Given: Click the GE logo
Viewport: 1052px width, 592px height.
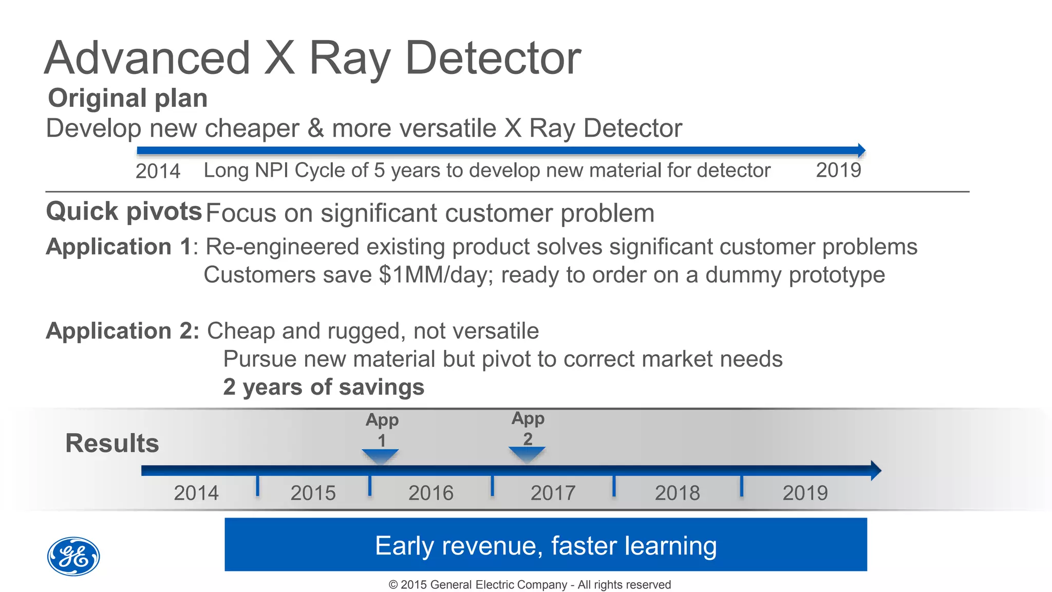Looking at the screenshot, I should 73,557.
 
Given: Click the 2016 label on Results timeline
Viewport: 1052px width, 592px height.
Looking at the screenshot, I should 431,493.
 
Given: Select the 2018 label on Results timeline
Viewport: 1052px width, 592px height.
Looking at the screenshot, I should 677,493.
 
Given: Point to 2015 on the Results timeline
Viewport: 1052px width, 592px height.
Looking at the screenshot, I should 313,493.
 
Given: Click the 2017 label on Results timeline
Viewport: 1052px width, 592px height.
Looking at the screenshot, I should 553,493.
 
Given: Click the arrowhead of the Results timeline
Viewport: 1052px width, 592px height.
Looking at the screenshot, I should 875,470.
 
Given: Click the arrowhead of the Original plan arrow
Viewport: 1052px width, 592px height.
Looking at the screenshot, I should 861,151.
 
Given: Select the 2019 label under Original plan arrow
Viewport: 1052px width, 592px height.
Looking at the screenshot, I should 838,170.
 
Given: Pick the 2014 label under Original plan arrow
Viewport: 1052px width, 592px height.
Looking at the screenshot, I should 158,171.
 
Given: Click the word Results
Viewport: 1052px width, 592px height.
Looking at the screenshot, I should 112,443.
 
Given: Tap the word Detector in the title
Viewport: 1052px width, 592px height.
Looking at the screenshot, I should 493,59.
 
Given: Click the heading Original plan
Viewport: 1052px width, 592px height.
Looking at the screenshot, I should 127,98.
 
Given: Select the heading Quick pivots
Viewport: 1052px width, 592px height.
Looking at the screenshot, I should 124,211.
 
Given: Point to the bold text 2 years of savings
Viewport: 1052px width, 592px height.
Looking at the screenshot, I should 324,387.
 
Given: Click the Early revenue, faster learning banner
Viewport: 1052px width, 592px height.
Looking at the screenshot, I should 546,545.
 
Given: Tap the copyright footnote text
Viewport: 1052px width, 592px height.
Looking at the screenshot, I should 530,585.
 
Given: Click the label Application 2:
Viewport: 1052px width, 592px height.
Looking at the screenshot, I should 122,331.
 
